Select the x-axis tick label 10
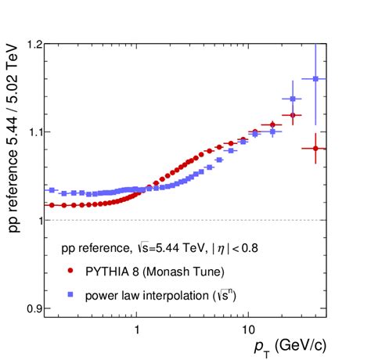pos(247,329)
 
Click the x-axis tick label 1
pos(137,329)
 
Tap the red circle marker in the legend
pos(71,272)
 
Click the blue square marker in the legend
pos(71,294)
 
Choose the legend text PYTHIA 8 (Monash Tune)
pos(155,272)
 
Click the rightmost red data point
pos(315,148)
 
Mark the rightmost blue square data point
pos(315,79)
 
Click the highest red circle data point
pos(293,115)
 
